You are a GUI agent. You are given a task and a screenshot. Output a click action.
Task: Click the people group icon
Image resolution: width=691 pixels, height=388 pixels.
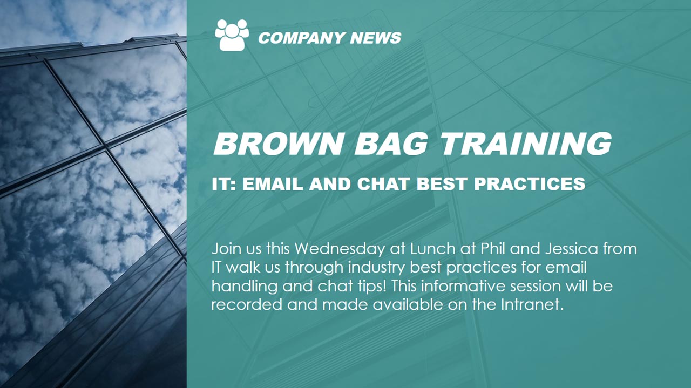(x=232, y=35)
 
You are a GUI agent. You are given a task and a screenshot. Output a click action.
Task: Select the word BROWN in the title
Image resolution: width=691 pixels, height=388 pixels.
(x=279, y=144)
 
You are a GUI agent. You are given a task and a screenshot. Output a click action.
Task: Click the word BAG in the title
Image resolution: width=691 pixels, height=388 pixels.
(x=392, y=144)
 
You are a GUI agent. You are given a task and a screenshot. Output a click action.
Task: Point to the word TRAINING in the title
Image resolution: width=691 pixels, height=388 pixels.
(x=526, y=144)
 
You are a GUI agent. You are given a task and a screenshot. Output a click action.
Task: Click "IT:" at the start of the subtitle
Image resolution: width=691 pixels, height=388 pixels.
(x=223, y=184)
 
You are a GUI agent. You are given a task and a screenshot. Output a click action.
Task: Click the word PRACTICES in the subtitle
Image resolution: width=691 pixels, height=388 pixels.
(x=530, y=184)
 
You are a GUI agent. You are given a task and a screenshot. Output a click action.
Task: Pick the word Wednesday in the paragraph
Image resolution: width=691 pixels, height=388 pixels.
(x=340, y=249)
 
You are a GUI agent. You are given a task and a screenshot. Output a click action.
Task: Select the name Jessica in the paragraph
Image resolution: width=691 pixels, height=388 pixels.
(x=572, y=249)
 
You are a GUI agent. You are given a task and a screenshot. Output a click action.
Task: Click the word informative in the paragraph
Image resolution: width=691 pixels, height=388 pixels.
(x=463, y=286)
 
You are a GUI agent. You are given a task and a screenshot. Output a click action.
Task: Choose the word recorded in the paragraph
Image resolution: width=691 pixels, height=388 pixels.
(x=247, y=305)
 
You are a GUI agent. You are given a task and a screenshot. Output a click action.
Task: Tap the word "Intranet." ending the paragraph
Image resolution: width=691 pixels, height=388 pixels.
(x=531, y=305)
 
